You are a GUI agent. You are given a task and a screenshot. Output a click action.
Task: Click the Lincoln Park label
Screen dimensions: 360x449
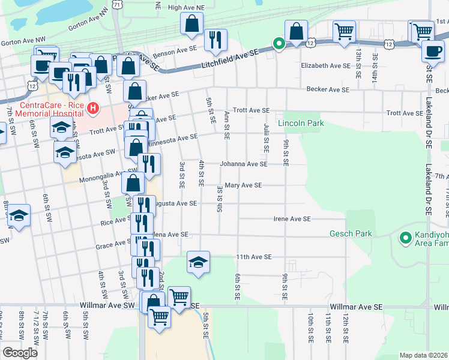coord(301,124)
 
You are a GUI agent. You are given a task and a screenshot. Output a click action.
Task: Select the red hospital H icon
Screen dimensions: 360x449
coord(92,109)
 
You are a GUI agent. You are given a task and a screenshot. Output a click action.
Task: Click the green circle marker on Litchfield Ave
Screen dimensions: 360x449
coord(279,43)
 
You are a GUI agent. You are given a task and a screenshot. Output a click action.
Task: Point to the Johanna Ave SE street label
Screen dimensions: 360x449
coord(243,163)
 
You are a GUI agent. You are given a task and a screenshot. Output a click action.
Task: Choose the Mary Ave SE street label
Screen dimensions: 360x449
coord(243,185)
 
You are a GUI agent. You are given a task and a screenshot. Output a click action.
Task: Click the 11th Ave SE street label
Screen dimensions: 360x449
coord(254,257)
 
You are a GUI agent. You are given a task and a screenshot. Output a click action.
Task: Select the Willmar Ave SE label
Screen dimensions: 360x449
coord(357,306)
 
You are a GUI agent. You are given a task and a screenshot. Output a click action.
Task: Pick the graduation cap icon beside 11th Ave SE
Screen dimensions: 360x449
coord(198,262)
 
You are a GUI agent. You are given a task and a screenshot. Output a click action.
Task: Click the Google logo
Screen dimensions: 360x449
coord(19,353)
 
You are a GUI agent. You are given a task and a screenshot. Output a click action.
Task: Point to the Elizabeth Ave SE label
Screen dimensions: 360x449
coord(325,65)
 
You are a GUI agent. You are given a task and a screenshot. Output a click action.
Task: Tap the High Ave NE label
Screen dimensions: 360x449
coord(186,7)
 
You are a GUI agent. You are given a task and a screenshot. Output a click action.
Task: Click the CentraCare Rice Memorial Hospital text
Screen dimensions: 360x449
coord(51,109)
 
